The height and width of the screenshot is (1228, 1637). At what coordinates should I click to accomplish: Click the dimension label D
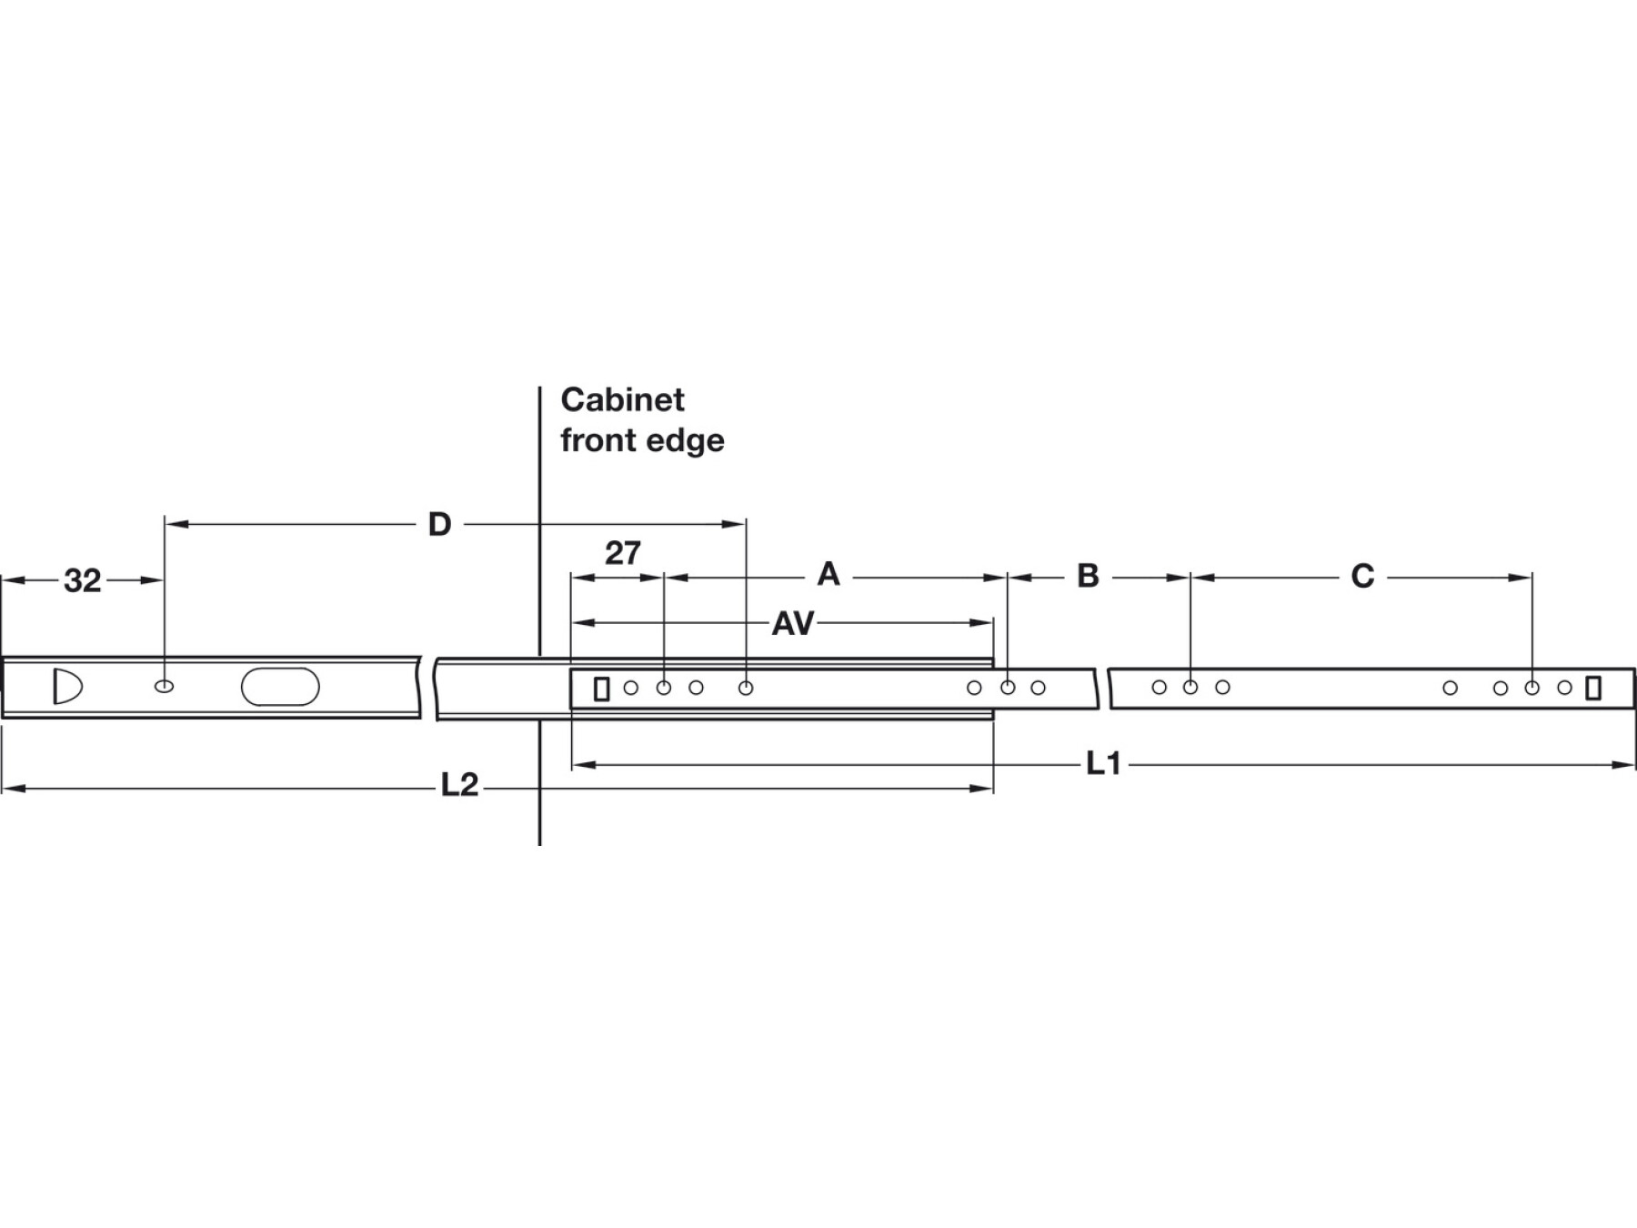click(x=439, y=525)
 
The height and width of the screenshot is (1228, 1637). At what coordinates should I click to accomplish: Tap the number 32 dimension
click(x=82, y=581)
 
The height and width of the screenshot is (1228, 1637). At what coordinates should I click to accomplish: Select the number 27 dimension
click(x=623, y=553)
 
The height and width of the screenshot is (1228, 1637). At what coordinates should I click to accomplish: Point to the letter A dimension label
click(x=828, y=574)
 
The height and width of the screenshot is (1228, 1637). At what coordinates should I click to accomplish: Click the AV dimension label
click(x=793, y=623)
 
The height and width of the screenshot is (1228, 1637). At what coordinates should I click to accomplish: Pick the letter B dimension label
click(x=1088, y=576)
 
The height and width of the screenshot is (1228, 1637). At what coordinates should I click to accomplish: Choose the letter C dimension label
click(x=1362, y=576)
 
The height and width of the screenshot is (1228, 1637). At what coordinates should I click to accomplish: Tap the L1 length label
click(x=1103, y=764)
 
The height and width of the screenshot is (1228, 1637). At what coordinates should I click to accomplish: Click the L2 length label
click(x=459, y=785)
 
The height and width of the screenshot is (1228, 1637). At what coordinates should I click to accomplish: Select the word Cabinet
click(x=622, y=399)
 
